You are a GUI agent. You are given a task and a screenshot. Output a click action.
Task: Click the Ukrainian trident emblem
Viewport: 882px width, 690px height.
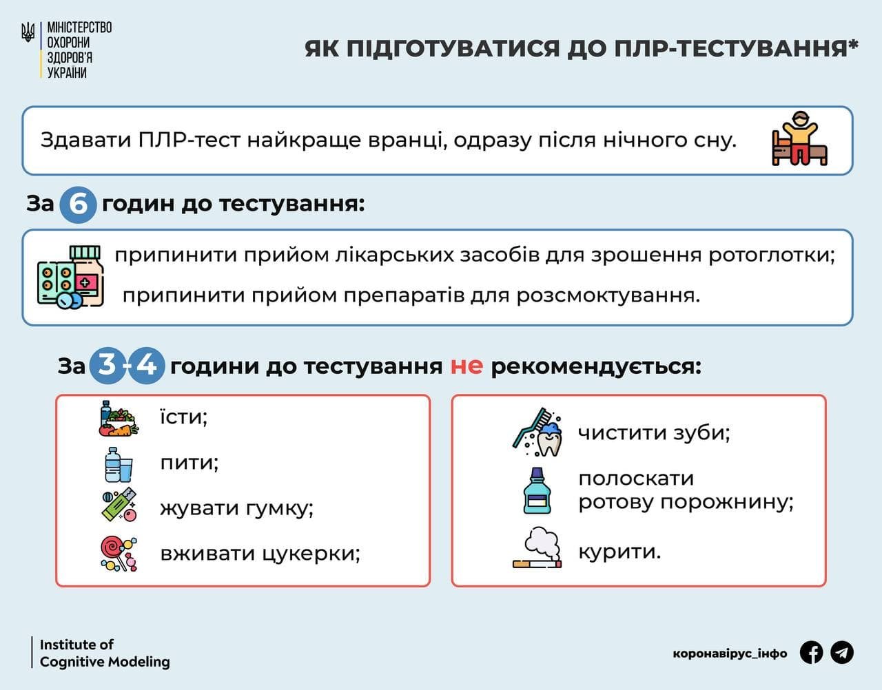[x=28, y=32]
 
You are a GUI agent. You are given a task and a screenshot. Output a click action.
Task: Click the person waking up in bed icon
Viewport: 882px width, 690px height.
[x=799, y=139]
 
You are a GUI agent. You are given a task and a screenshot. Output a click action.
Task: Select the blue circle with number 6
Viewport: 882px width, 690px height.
[x=78, y=205]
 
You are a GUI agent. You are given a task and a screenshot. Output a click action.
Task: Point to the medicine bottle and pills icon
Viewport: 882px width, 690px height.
[x=70, y=277]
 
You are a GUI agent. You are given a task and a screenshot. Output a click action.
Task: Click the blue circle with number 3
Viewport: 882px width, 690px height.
[x=107, y=364]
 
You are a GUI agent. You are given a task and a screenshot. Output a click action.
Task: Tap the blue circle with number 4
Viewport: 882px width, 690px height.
[x=147, y=364]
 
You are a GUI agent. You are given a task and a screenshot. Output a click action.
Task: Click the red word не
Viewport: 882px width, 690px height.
[x=466, y=366]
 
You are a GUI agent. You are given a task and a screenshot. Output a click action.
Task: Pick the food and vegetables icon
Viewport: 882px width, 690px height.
[x=118, y=419]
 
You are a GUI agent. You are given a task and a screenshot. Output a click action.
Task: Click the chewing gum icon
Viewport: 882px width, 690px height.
[x=119, y=505]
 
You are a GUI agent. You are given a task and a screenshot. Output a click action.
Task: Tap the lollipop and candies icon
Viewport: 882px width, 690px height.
[x=119, y=553]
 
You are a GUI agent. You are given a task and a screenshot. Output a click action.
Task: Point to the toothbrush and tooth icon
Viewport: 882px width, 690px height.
[x=537, y=432]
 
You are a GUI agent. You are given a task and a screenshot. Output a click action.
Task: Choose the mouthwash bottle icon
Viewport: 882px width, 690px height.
[x=537, y=490]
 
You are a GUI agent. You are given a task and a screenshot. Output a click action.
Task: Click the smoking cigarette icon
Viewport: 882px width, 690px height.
[x=537, y=548]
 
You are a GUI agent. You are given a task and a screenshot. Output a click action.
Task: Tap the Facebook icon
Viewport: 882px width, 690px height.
[x=812, y=652]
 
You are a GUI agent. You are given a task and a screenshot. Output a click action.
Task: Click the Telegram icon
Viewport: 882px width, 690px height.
[x=842, y=652]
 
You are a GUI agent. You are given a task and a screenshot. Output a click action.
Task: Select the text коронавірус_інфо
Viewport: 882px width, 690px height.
[x=730, y=654]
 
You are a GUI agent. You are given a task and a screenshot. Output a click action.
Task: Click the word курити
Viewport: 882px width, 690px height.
[x=619, y=552]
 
